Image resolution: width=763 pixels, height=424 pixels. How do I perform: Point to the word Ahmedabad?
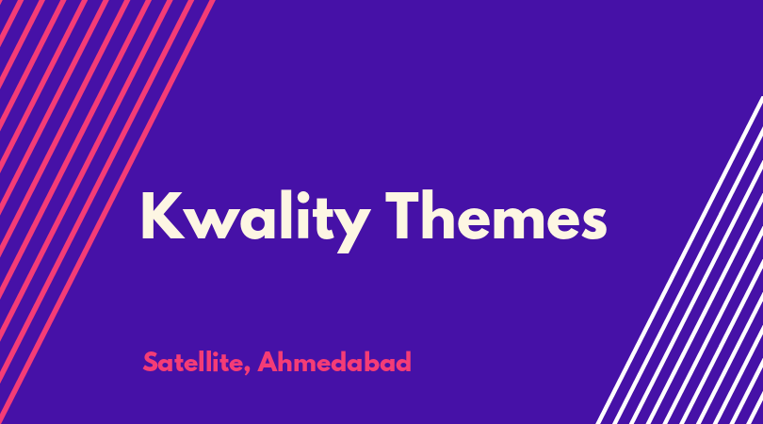click(x=334, y=362)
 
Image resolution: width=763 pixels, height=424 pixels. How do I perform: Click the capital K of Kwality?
click(x=163, y=215)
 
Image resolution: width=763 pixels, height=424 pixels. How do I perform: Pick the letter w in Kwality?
click(x=214, y=223)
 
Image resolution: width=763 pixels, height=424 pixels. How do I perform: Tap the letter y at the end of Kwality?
click(x=348, y=230)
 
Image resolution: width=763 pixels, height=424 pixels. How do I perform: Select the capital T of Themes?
click(x=402, y=215)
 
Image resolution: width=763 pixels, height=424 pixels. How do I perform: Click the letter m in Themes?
click(x=516, y=222)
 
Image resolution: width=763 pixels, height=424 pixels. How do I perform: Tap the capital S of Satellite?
click(x=151, y=362)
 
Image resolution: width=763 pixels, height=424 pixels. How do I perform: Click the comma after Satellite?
click(x=247, y=371)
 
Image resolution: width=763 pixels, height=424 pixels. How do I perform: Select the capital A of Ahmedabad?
click(x=267, y=362)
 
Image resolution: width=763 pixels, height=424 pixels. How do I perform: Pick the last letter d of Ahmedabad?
click(x=403, y=362)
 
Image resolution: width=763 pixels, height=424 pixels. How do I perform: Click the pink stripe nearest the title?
click(x=108, y=212)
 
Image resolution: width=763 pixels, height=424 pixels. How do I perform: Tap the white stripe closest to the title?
click(x=680, y=260)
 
